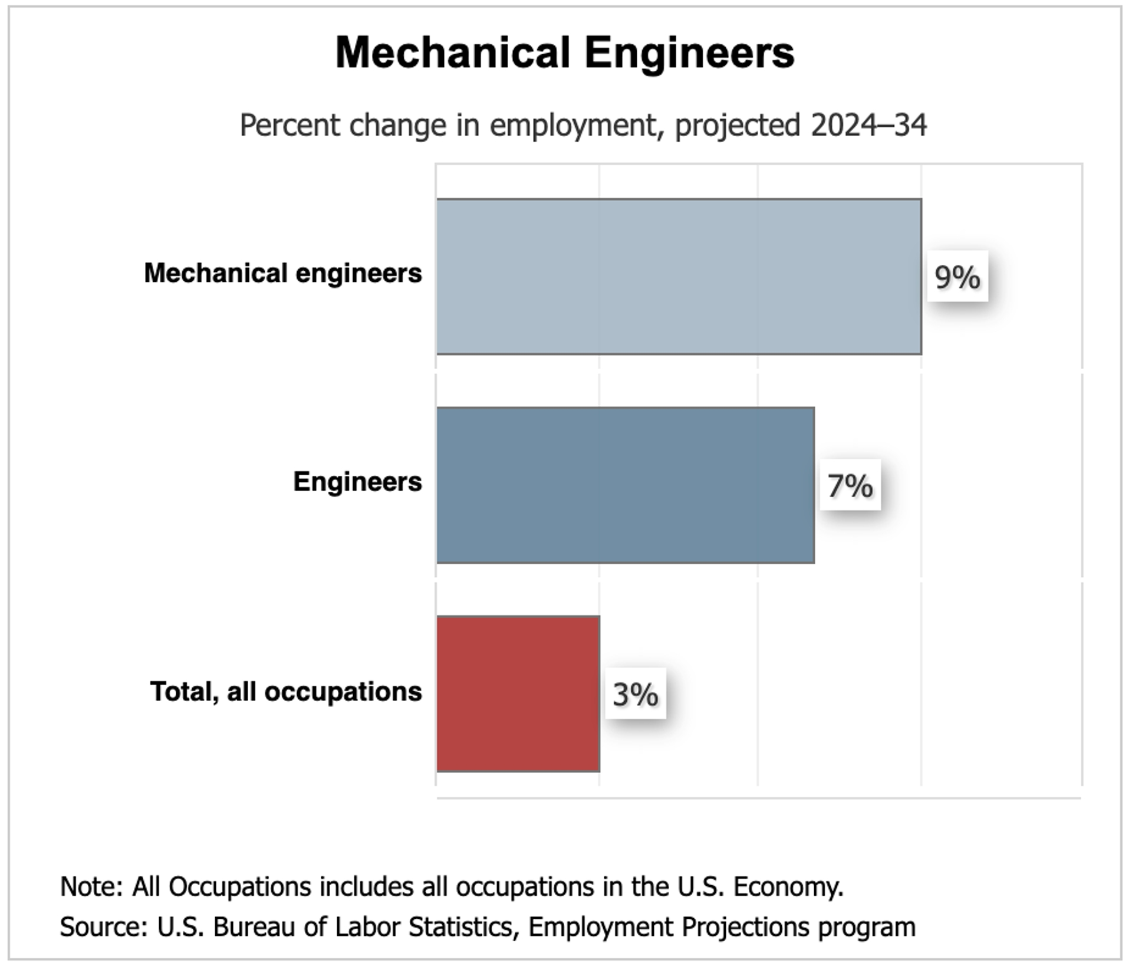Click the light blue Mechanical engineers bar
point(679,277)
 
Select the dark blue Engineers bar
point(626,485)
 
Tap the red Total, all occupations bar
point(518,694)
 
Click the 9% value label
point(957,277)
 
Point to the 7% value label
point(850,485)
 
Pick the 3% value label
point(636,694)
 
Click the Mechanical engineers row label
point(283,273)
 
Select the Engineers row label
point(357,482)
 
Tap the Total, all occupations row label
point(286,691)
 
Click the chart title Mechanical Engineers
point(565,53)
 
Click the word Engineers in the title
point(689,53)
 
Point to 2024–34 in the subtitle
point(868,125)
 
